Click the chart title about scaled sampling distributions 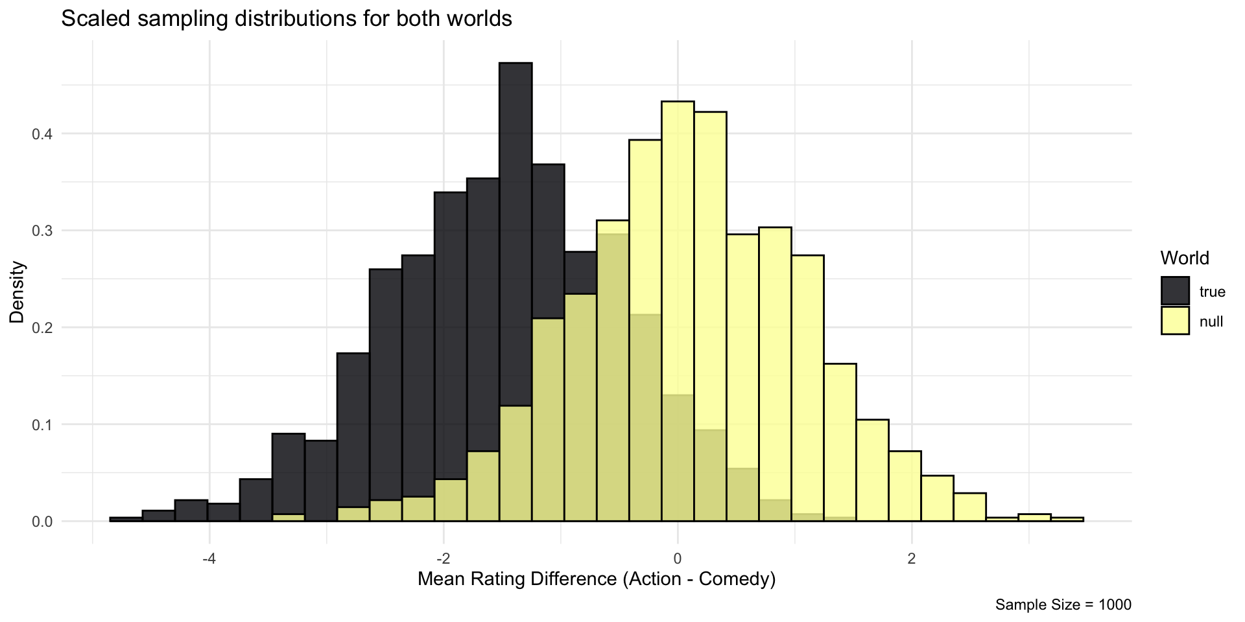click(x=287, y=19)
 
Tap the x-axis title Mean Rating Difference click(x=597, y=579)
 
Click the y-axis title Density click(x=18, y=292)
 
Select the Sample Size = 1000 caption click(x=1063, y=605)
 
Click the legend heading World click(x=1185, y=258)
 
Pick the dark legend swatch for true click(x=1175, y=291)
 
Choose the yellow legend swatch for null click(x=1175, y=321)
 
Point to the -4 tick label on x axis click(x=209, y=541)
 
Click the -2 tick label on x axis click(x=443, y=541)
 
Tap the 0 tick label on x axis click(x=678, y=541)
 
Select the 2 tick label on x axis click(x=912, y=541)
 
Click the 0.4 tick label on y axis click(x=43, y=134)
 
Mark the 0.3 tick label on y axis click(x=43, y=231)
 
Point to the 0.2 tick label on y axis click(x=43, y=328)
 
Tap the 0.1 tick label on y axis click(x=43, y=425)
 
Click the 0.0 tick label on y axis click(x=43, y=522)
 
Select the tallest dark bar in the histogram click(x=516, y=194)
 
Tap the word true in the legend click(x=1212, y=292)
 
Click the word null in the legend click(x=1211, y=321)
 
